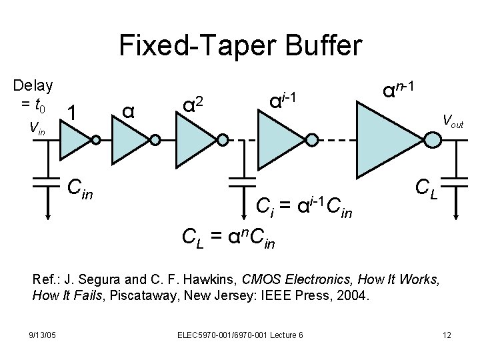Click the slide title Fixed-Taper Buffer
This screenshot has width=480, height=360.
tap(240, 46)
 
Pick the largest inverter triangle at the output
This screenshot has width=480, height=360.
tap(390, 140)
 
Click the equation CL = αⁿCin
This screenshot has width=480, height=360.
tap(227, 235)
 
